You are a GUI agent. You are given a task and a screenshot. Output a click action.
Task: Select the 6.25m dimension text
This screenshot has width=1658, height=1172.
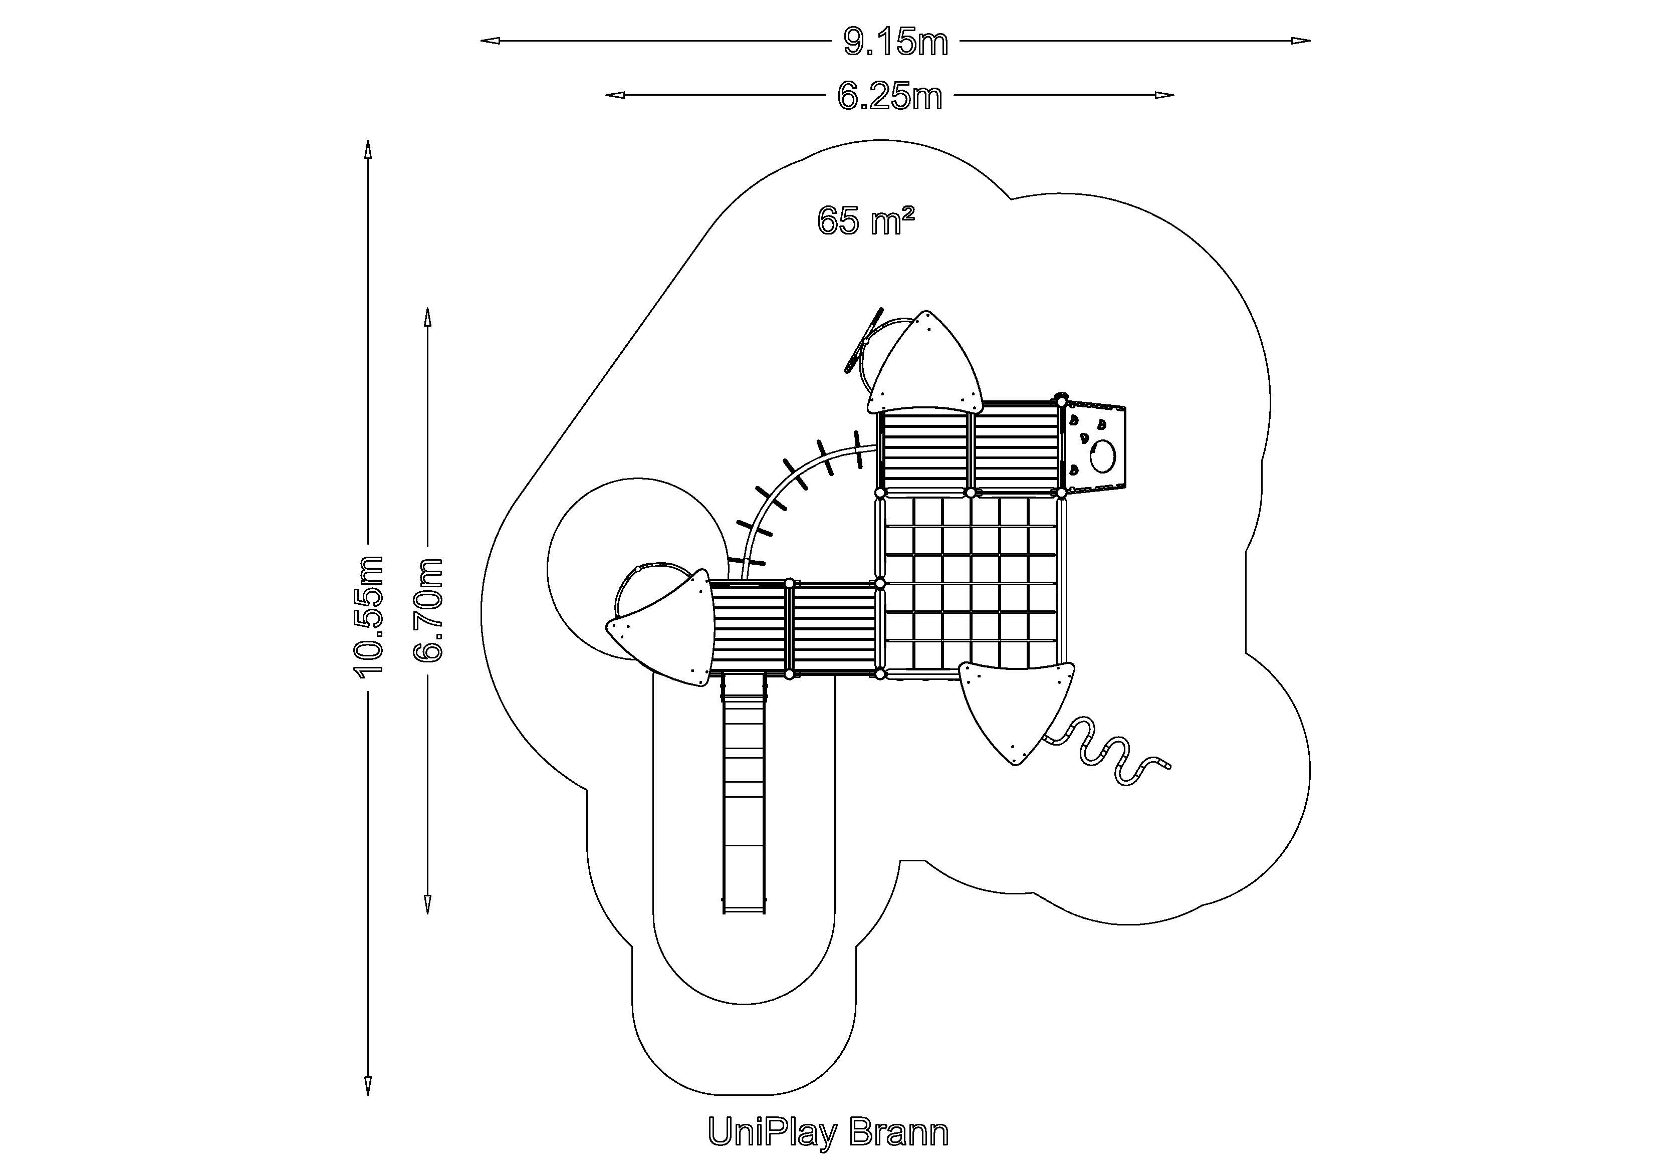pos(890,96)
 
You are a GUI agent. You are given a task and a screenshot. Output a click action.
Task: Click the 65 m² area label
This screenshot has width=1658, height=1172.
pos(866,220)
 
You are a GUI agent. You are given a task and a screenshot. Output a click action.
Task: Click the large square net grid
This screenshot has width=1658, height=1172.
pos(971,583)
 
